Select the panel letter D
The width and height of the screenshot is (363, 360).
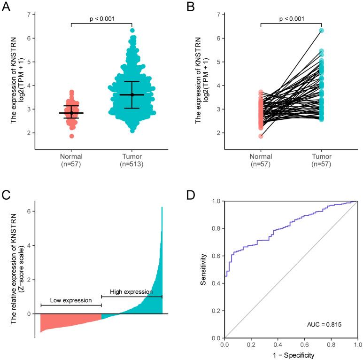191,193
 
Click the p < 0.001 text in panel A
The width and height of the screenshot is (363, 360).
101,19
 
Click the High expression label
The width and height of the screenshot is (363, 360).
131,292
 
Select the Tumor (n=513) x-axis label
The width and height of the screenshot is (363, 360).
132,160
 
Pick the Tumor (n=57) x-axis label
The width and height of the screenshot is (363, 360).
322,160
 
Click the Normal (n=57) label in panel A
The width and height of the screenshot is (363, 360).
71,160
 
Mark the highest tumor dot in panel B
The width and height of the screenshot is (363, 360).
322,31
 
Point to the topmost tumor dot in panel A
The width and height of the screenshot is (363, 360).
132,31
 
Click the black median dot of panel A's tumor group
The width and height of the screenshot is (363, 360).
132,95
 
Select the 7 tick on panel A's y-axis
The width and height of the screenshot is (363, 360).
29,15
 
